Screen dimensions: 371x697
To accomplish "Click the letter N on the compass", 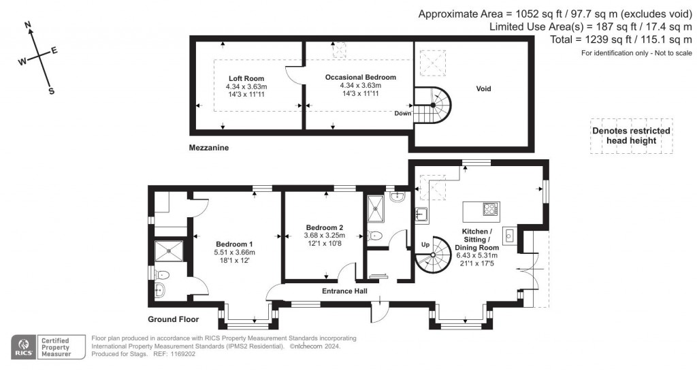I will (x=29, y=27).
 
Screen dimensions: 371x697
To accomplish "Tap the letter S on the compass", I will (x=51, y=91).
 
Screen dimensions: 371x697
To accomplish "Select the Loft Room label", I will (x=246, y=79).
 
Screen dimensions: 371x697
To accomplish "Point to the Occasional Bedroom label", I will (x=360, y=78).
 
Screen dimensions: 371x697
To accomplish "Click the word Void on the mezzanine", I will (x=483, y=88).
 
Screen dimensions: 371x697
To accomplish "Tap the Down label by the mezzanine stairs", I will (x=402, y=113).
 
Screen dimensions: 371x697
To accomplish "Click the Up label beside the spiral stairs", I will (x=426, y=244).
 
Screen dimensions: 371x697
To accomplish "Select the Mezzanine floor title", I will (x=210, y=147).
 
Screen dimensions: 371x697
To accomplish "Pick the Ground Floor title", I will (x=173, y=319).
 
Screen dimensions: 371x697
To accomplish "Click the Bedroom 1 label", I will (x=234, y=244).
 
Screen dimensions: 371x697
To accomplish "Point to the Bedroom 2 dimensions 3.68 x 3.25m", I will (x=324, y=236).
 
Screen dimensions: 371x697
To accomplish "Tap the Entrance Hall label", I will (x=344, y=291).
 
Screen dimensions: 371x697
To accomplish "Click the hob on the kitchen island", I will (x=489, y=209).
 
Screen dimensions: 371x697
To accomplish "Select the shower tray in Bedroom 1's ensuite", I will (x=169, y=251).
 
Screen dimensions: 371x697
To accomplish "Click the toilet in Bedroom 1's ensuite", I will (x=162, y=274).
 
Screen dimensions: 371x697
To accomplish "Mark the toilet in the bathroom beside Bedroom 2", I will (x=374, y=236).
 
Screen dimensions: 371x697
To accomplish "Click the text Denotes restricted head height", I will (x=631, y=135).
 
